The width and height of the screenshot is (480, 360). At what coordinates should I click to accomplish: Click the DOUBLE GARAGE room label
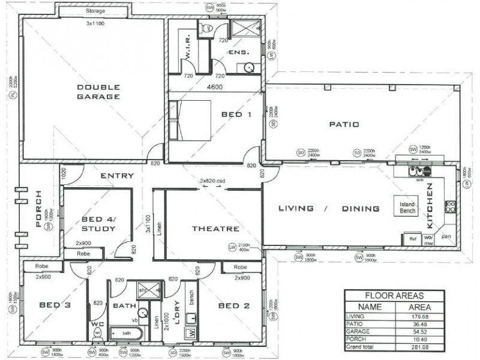[x=98, y=91]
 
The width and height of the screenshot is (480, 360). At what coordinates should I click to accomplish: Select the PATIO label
[x=344, y=124]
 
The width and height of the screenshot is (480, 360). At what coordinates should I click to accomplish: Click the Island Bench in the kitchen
[x=404, y=206]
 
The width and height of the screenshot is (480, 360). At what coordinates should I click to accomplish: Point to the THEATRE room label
[x=215, y=229]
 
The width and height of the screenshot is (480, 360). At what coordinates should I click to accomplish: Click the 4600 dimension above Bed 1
[x=215, y=88]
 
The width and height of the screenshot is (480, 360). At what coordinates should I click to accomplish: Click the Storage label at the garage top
[x=95, y=11]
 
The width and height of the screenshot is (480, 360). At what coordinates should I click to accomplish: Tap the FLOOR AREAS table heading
[x=394, y=295]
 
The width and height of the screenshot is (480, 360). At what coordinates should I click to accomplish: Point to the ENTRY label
[x=116, y=176]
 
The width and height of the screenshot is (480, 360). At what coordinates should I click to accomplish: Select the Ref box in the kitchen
[x=412, y=238]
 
